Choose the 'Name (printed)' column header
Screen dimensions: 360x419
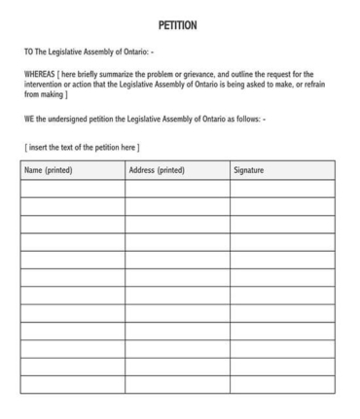coord(49,171)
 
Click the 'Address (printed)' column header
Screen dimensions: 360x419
coord(158,171)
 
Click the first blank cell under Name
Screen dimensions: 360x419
coord(73,189)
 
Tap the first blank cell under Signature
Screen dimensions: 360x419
coord(282,189)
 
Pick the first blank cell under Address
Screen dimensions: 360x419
coord(177,189)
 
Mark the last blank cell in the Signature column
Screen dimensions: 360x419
coord(282,384)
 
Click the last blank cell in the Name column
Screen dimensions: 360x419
coord(73,384)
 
